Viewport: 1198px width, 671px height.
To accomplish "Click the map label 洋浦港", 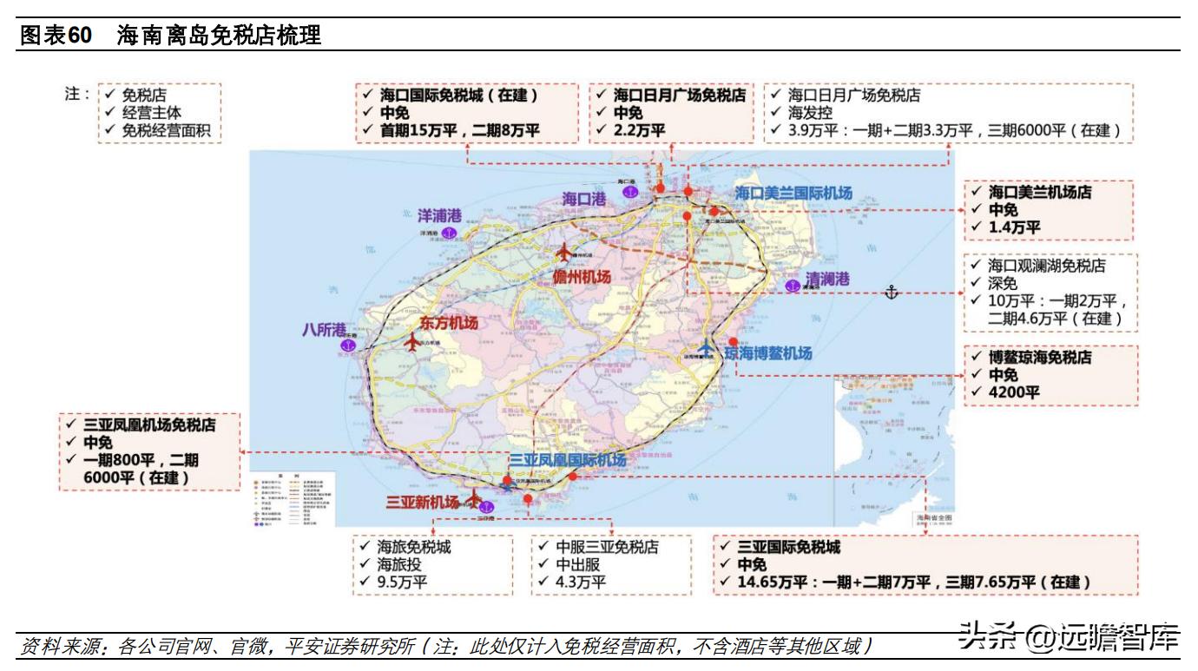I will [439, 215].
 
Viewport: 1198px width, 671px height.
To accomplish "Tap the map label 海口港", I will [583, 199].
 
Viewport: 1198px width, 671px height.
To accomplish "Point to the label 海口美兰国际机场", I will [793, 193].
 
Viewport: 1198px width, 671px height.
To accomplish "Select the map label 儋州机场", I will [582, 277].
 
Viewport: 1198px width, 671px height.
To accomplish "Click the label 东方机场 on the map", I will [449, 323].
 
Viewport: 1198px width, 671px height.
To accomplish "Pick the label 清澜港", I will [826, 280].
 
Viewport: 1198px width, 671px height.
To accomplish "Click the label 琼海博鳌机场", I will [768, 352].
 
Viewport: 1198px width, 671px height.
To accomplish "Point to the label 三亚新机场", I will [423, 502].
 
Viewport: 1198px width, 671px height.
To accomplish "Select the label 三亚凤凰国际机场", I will [567, 460].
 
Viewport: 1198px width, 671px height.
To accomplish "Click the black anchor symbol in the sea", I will [891, 293].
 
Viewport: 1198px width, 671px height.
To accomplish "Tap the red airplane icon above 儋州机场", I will [563, 253].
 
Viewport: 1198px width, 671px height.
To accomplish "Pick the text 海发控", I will [810, 113].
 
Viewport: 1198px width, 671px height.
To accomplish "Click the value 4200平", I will [1014, 391].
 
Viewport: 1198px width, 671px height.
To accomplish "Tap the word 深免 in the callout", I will [1003, 283].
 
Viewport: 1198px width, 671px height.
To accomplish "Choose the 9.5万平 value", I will [402, 582].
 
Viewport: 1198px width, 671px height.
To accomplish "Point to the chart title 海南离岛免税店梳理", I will [219, 36].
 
